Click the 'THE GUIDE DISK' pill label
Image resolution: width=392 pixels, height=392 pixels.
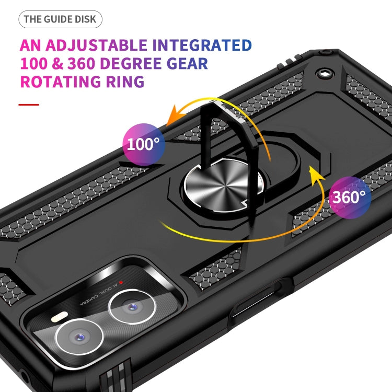pos(60,19)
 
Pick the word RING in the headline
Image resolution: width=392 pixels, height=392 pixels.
pos(127,82)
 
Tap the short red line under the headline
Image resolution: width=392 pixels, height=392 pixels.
pos(29,105)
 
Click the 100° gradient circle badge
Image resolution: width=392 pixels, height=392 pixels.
pos(143,144)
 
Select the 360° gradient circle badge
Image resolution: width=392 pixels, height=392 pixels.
pos(350,197)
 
